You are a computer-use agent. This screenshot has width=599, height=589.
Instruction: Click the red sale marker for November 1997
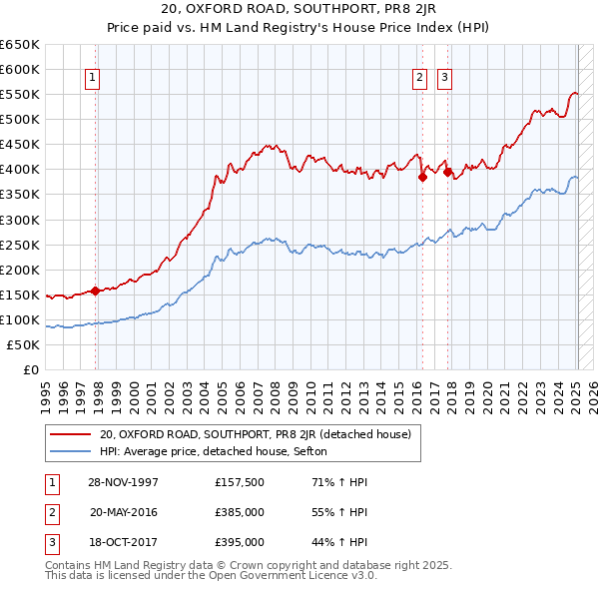[96, 291]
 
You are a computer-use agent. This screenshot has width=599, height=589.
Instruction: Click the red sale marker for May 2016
[422, 178]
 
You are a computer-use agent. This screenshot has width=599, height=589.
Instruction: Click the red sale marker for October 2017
[447, 172]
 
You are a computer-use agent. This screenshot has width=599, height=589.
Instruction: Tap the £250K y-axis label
[21, 245]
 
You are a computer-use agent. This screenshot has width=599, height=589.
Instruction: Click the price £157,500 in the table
[239, 482]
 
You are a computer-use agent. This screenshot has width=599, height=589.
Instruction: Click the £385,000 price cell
[239, 512]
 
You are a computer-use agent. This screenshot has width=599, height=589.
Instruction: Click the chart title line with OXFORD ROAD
[299, 11]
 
